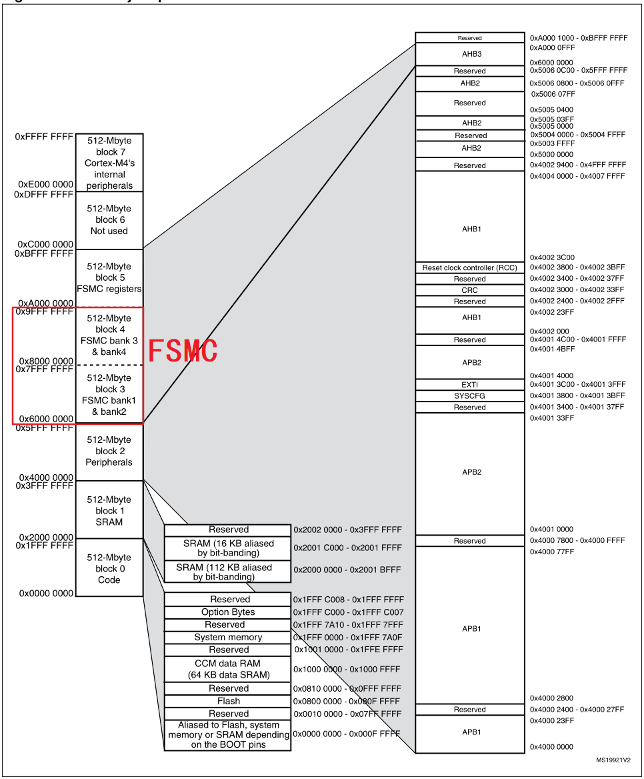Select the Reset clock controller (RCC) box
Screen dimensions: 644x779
(469, 267)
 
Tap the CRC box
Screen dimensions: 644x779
(469, 290)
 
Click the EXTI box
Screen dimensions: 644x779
(469, 384)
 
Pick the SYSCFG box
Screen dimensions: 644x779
(469, 396)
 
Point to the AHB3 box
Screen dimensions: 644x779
(469, 54)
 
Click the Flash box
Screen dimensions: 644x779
(228, 701)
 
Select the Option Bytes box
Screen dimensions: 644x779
(228, 612)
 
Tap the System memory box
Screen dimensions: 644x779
(228, 637)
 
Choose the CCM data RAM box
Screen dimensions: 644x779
(228, 669)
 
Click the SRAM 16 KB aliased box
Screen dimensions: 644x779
(228, 548)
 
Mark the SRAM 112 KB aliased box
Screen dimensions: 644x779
(228, 572)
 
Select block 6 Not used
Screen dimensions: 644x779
(109, 219)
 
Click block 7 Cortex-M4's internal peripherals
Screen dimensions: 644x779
(109, 163)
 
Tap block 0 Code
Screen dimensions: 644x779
(109, 568)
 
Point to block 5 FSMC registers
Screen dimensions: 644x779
(109, 277)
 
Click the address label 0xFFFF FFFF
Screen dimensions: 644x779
(43, 137)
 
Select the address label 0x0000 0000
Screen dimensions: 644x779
(46, 593)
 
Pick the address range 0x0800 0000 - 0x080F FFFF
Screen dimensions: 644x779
(347, 701)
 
